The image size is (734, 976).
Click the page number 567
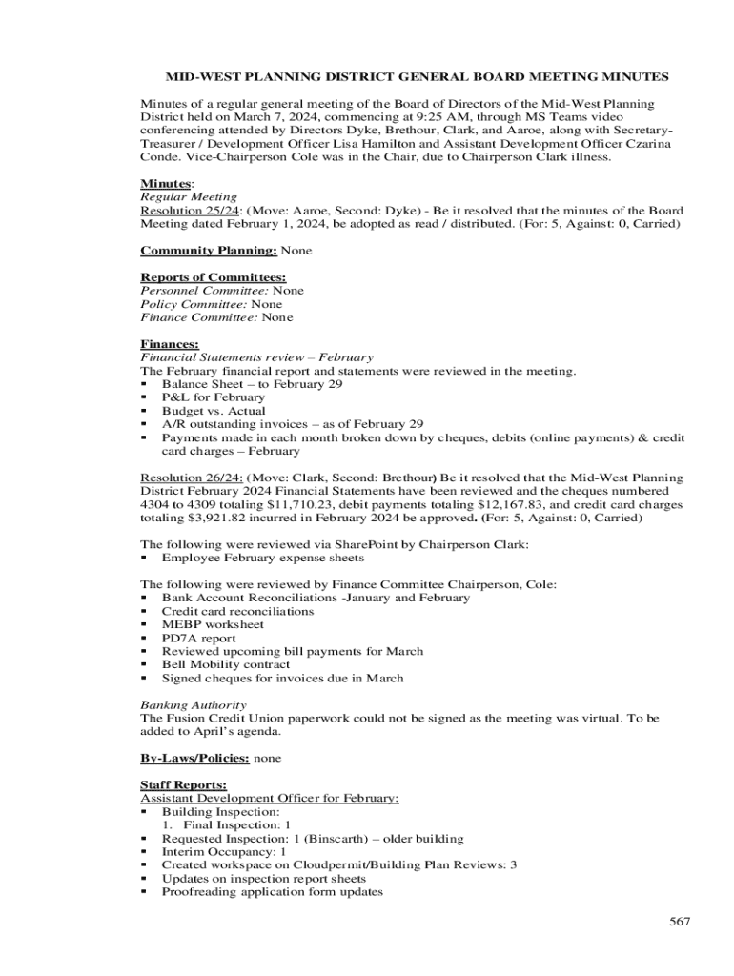point(679,922)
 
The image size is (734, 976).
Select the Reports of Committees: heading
point(200,277)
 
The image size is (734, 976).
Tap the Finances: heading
point(170,343)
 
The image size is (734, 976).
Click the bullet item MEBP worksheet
point(213,624)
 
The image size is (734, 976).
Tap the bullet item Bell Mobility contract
point(226,664)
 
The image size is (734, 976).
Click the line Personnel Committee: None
point(222,291)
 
